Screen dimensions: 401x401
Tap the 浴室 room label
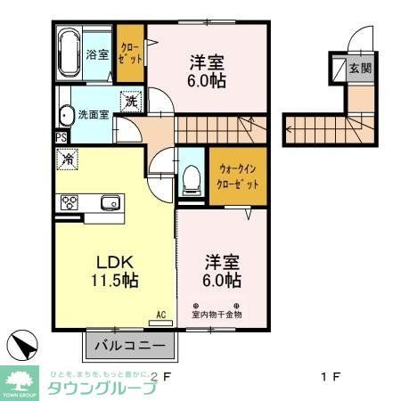click(97, 54)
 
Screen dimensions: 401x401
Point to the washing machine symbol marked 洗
click(132, 102)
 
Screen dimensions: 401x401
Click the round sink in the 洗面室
click(65, 116)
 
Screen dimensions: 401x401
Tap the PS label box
click(61, 138)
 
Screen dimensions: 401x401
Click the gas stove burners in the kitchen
click(69, 202)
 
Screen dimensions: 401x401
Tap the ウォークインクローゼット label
click(238, 177)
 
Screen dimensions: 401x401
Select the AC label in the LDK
click(161, 313)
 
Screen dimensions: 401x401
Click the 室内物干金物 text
click(217, 315)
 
